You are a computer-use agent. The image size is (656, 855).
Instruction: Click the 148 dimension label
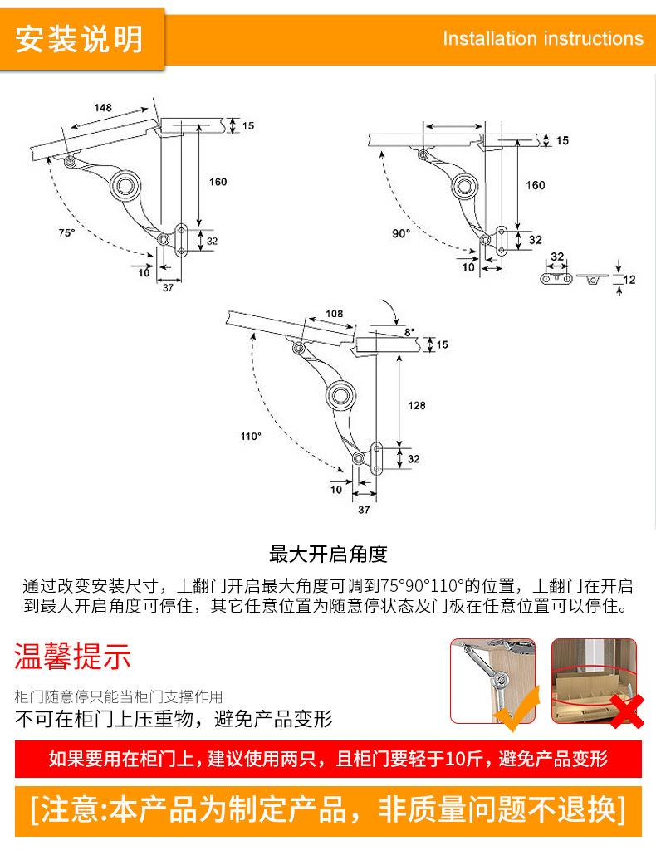click(103, 108)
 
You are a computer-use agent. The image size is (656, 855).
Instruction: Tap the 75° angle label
click(66, 233)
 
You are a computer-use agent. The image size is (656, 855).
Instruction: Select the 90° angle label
click(400, 233)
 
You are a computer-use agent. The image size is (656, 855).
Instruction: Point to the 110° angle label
click(251, 436)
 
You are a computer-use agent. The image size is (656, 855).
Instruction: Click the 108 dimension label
click(334, 313)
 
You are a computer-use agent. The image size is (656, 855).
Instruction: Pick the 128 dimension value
click(417, 405)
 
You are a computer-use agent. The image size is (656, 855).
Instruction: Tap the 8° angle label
click(408, 332)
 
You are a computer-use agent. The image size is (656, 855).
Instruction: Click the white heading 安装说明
click(79, 38)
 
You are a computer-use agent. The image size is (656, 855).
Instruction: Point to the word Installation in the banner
click(490, 39)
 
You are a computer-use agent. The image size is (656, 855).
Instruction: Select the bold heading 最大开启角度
click(328, 554)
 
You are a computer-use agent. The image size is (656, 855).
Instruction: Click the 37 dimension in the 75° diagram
click(167, 286)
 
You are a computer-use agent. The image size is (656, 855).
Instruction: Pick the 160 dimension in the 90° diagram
click(536, 184)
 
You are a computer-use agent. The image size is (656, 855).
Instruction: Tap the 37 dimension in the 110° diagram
click(363, 509)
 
